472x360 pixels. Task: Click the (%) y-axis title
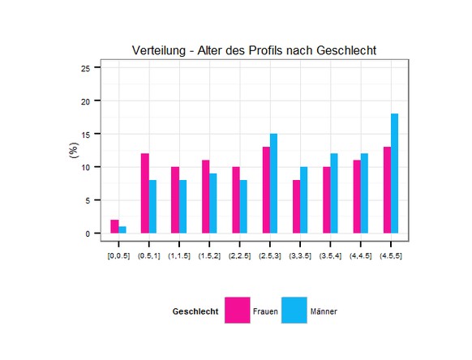73,152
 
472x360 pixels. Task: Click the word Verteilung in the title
161,50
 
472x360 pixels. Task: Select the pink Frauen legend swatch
238,311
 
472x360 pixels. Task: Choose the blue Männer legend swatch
294,311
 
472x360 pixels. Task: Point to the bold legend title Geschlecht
195,311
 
